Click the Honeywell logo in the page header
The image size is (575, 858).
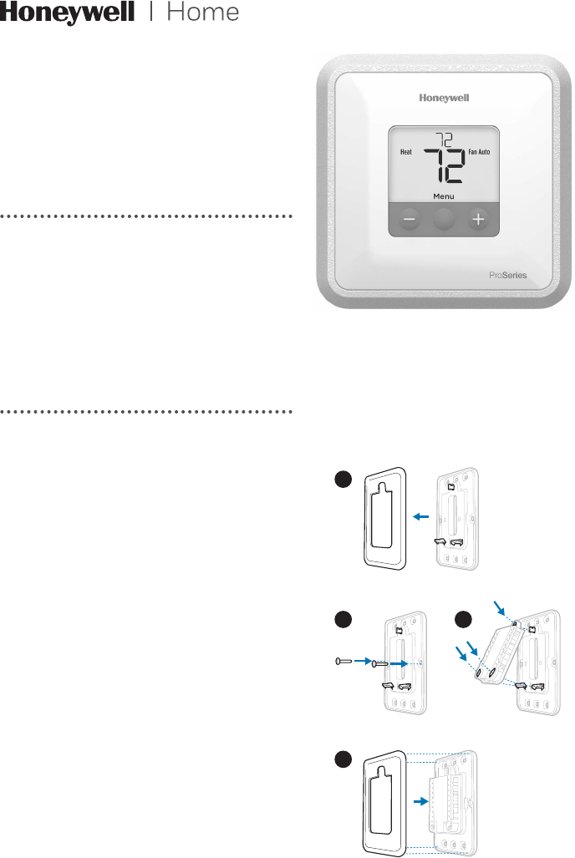[67, 14]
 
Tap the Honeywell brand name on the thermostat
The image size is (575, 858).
[444, 98]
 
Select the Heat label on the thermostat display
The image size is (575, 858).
[405, 152]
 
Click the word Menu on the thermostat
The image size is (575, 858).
[444, 196]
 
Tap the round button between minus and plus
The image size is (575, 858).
[444, 219]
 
